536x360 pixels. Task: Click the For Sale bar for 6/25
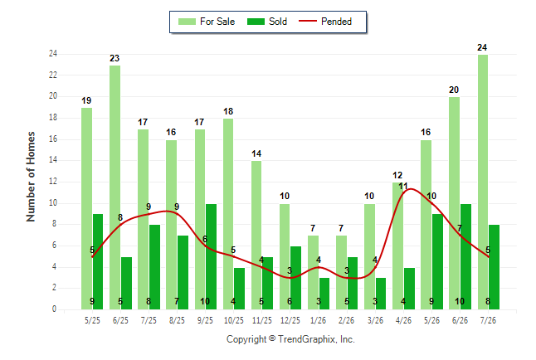(x=115, y=187)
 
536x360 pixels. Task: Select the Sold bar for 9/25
(x=211, y=257)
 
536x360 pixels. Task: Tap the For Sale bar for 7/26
(x=483, y=182)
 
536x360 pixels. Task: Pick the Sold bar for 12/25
(x=295, y=278)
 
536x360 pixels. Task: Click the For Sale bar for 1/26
(x=313, y=272)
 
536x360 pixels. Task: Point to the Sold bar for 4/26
(x=409, y=289)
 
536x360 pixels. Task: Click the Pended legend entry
(x=325, y=22)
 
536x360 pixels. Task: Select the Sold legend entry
(x=267, y=22)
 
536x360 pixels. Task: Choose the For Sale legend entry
(x=207, y=22)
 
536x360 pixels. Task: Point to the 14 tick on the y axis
(x=53, y=159)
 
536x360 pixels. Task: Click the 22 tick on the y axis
(x=53, y=75)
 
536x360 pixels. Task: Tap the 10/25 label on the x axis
(x=234, y=320)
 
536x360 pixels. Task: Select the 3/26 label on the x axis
(x=375, y=320)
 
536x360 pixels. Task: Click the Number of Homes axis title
(x=31, y=177)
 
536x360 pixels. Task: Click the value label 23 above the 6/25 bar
(x=115, y=58)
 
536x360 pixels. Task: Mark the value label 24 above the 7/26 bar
(x=482, y=47)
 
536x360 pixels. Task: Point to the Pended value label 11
(x=403, y=187)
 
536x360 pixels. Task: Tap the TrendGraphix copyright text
(x=290, y=339)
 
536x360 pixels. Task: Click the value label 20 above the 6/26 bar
(x=454, y=90)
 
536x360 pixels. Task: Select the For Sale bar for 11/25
(x=256, y=236)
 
